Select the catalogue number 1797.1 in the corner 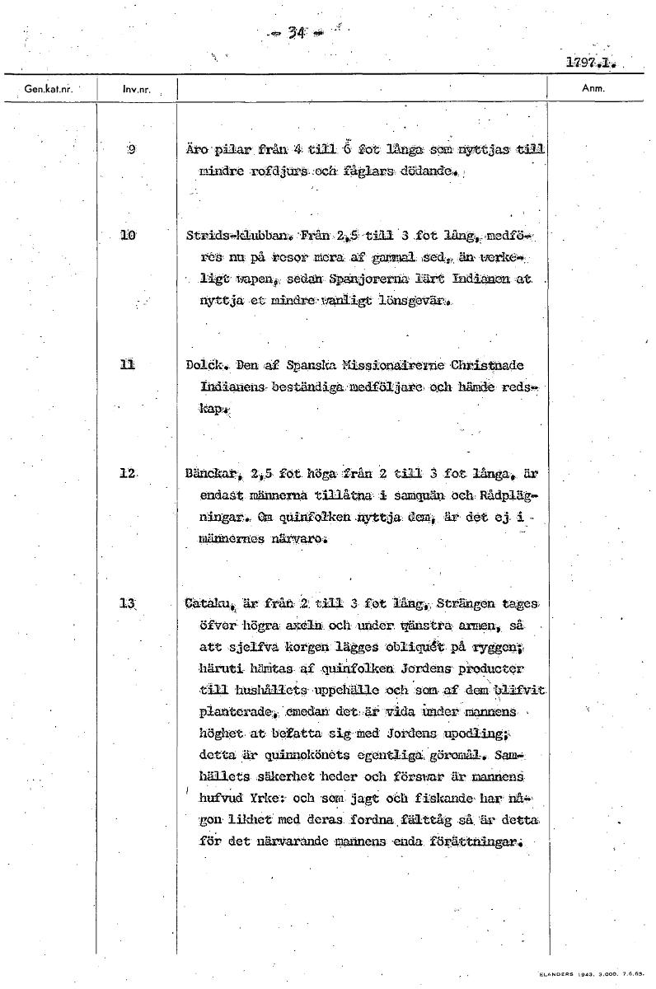[591, 63]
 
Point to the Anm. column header [593, 87]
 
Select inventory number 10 [128, 237]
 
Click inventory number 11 [127, 365]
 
